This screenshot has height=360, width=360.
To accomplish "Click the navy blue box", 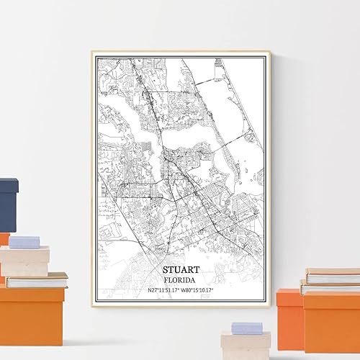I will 8,205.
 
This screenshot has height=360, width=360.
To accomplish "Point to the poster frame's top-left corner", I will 93,49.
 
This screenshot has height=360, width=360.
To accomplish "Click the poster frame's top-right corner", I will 271,49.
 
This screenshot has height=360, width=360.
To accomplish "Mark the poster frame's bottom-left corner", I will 93,307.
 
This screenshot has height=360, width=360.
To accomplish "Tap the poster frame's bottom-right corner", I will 271,307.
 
